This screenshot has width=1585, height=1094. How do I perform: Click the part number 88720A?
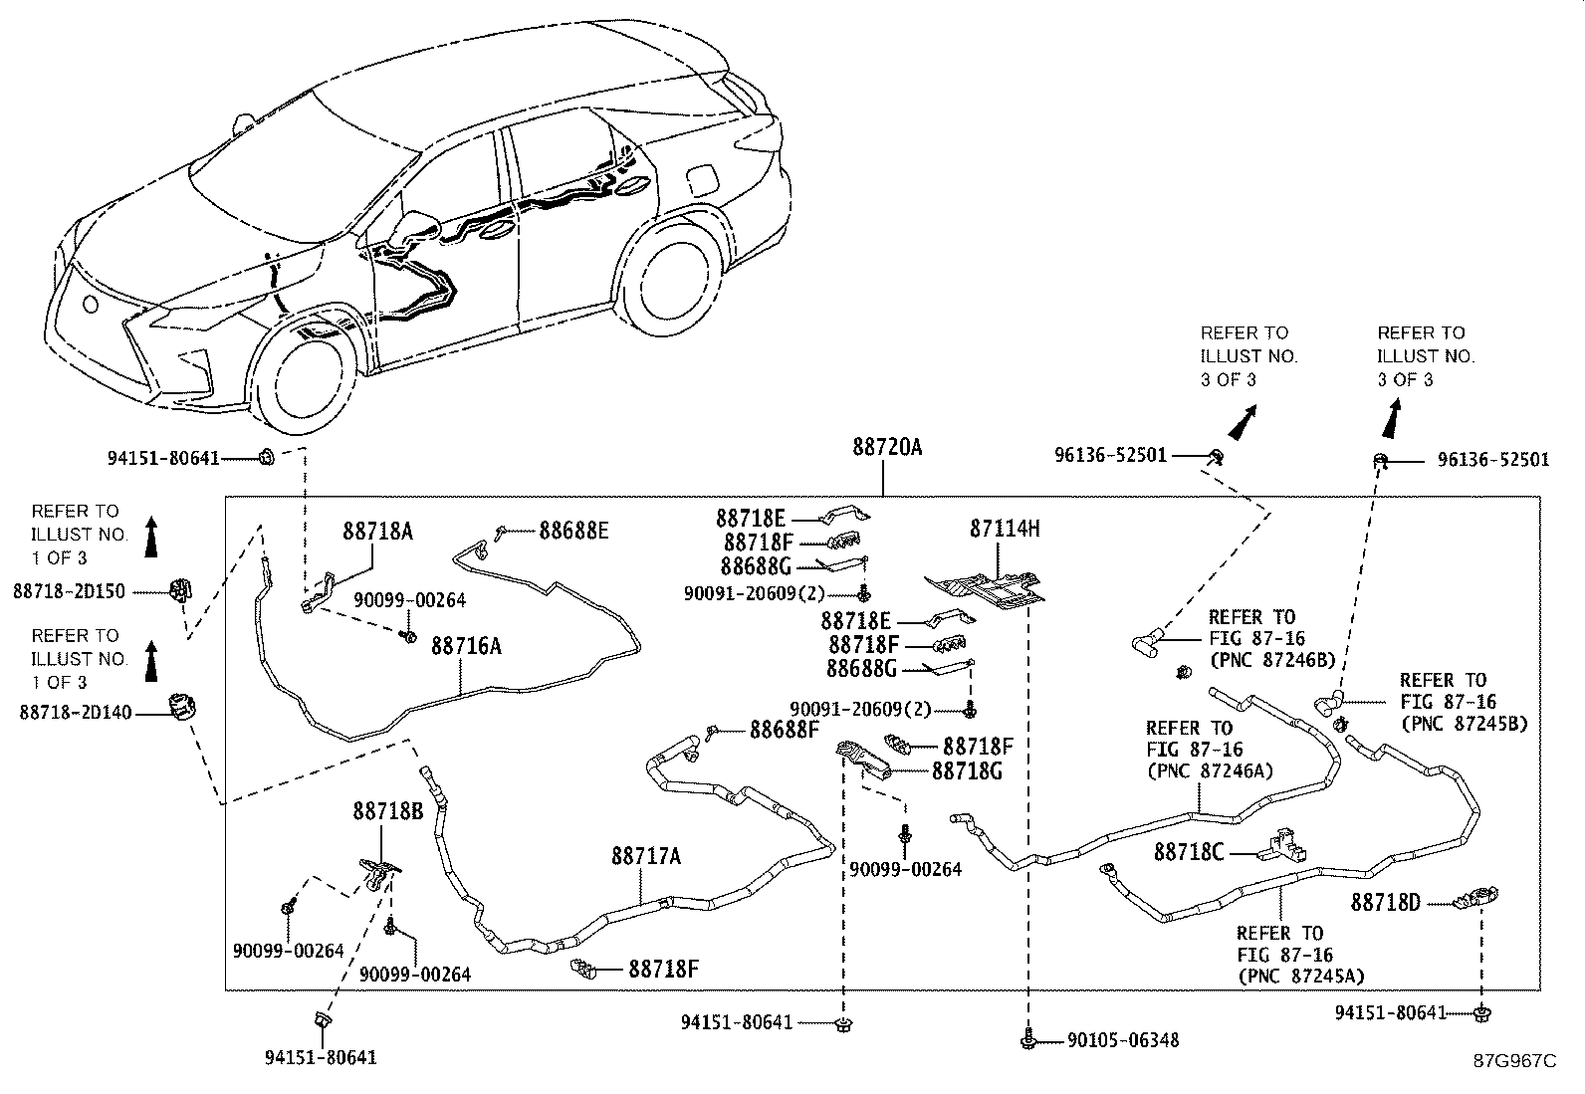[886, 448]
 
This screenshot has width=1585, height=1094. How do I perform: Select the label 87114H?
[1005, 529]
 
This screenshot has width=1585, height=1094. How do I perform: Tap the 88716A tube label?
[466, 646]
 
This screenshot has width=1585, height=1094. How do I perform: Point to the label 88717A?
[646, 856]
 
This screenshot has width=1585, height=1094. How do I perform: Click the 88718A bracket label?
[378, 532]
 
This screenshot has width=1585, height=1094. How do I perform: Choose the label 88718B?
[387, 811]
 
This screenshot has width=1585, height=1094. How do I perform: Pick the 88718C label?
[1189, 852]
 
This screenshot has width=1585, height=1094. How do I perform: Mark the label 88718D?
[1386, 903]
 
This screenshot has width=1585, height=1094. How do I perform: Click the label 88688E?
[573, 531]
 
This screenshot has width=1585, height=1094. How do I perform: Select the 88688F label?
[784, 731]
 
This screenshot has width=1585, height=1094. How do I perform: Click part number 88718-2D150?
[70, 592]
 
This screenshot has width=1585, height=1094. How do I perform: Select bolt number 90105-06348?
[1123, 1040]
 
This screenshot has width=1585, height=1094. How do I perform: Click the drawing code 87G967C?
[1514, 1061]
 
